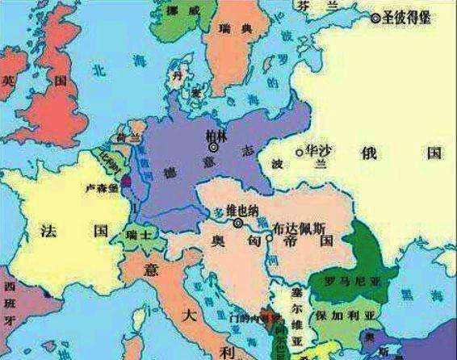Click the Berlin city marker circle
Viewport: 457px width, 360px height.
[x=213, y=148]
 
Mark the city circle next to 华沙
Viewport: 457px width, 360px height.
[x=300, y=151]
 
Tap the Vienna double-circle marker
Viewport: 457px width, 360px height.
[x=238, y=224]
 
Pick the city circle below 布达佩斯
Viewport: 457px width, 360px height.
[x=270, y=238]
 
